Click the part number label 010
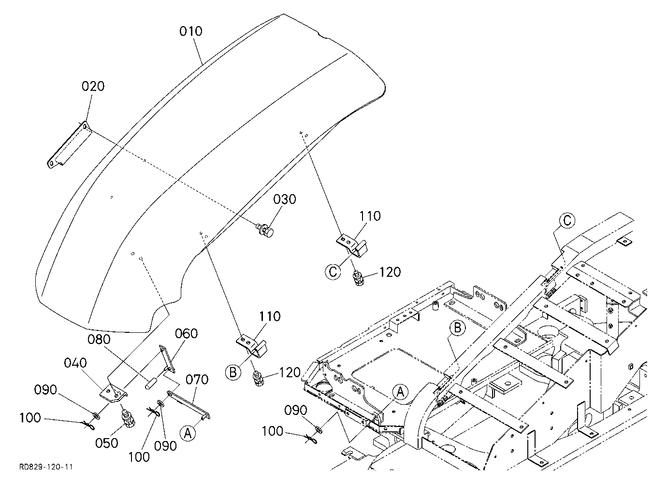pos(190,31)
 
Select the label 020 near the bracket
pos(93,86)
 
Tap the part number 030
pos(285,199)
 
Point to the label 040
pos(75,363)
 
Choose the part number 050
pos(107,443)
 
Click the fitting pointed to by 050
pos(128,418)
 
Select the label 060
pos(186,334)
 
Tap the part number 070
pos(197,380)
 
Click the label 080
pos(99,340)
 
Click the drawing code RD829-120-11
pos(46,467)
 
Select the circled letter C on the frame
pos(567,221)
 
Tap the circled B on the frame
pos(457,327)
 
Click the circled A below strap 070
pos(188,433)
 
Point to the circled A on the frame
pos(401,392)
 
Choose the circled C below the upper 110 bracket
pos(333,271)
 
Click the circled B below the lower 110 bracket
pos(233,372)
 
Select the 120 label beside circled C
pos(390,272)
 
